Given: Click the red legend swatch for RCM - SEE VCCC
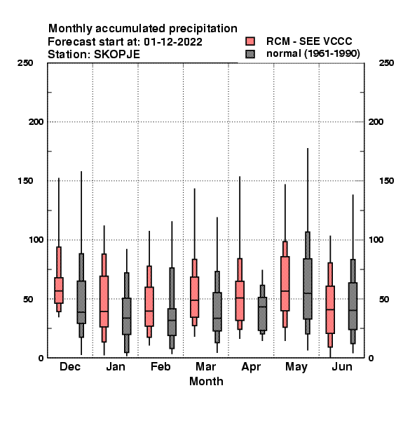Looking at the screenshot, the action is (250, 41).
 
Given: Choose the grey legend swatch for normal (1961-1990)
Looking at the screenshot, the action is (250, 54).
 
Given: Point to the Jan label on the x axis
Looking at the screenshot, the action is (116, 366).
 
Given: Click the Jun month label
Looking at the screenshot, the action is (342, 366).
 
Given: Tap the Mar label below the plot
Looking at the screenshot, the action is (205, 366).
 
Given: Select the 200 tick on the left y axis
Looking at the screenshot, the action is (36, 122).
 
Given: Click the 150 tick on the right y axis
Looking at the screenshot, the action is (386, 181).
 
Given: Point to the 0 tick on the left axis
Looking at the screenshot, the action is (41, 358).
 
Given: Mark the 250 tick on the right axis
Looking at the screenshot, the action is (386, 63).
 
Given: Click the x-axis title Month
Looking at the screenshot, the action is (206, 381).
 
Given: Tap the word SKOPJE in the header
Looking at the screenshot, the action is (117, 55).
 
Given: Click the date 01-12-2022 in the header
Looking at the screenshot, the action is (173, 42).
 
